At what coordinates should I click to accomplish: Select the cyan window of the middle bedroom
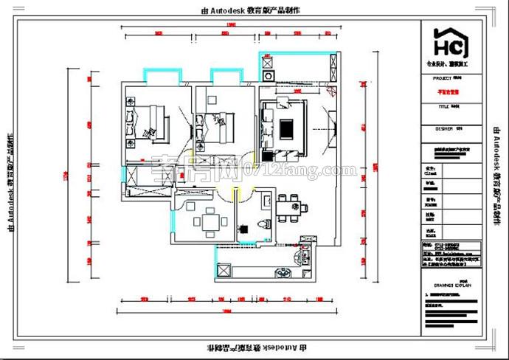point(224,75)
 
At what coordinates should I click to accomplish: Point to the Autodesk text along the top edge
point(254,11)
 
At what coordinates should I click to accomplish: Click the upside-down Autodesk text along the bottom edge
point(254,347)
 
